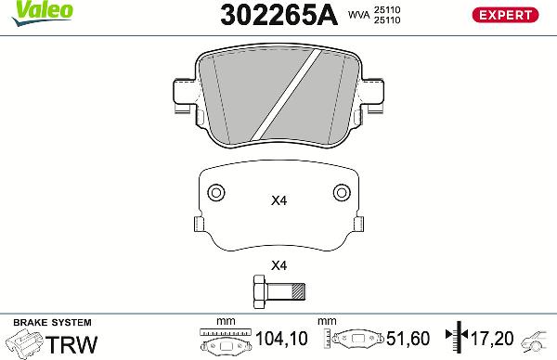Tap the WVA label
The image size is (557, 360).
pyautogui.click(x=358, y=16)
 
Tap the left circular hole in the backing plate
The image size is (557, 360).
pyautogui.click(x=215, y=193)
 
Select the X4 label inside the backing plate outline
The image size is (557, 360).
pyautogui.click(x=278, y=200)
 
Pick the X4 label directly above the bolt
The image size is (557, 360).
pyautogui.click(x=278, y=265)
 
